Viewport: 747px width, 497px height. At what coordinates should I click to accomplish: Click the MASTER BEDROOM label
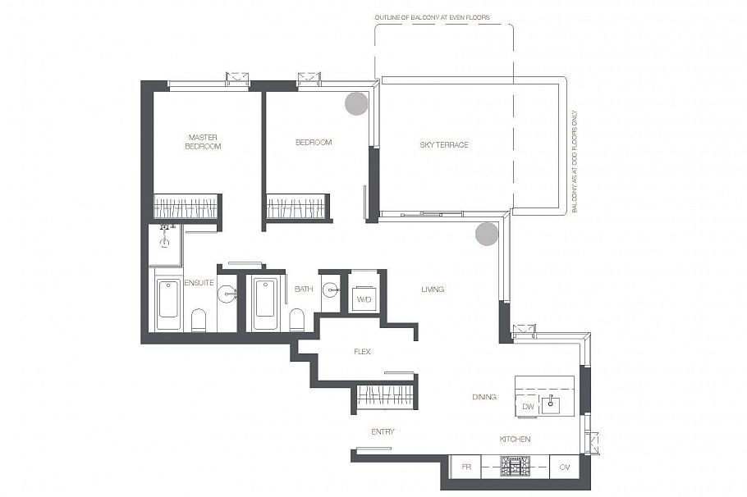[x=203, y=142]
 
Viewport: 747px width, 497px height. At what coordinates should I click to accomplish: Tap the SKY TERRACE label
[x=444, y=144]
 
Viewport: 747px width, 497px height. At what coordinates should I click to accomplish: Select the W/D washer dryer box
[x=364, y=299]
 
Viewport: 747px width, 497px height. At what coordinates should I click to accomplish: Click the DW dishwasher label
[x=528, y=407]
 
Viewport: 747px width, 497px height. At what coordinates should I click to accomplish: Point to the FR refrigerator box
[x=466, y=467]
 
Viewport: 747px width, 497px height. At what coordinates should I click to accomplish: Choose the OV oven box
[x=565, y=467]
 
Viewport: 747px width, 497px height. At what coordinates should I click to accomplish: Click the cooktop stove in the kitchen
[x=515, y=467]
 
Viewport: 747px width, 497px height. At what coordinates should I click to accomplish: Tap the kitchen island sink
[x=551, y=404]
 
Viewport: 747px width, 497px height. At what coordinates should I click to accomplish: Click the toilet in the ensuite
[x=199, y=321]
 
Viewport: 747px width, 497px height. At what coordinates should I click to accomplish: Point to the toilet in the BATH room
[x=296, y=320]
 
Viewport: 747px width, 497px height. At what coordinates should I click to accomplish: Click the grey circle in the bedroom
[x=356, y=103]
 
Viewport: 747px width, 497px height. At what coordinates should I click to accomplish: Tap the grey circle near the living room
[x=487, y=234]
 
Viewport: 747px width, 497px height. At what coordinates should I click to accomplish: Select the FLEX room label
[x=362, y=352]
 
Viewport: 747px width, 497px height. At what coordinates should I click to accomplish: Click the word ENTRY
[x=383, y=431]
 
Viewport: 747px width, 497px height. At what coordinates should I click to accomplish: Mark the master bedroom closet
[x=186, y=206]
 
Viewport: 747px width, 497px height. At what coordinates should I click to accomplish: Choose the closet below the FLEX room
[x=385, y=396]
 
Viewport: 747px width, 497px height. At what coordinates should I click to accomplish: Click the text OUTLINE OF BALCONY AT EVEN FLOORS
[x=432, y=17]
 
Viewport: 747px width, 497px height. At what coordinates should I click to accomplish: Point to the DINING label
[x=484, y=397]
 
